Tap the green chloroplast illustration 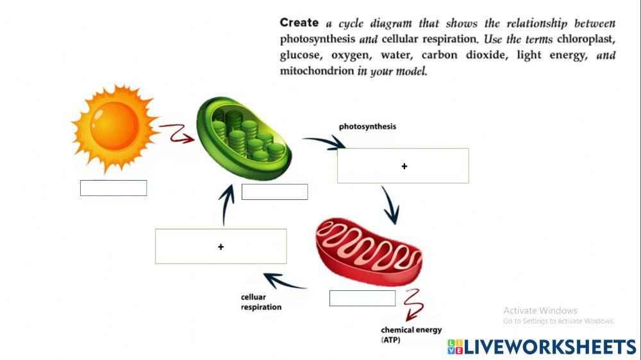pos(244,138)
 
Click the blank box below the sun pos(113,188)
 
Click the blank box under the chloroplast pos(274,192)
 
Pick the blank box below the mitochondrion pos(362,298)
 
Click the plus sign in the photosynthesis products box pos(404,167)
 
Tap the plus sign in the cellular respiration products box pos(221,247)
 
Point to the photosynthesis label pos(367,127)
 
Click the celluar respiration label pos(261,302)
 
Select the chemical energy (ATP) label pos(411,335)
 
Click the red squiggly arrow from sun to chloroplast pos(176,133)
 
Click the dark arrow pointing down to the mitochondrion pos(390,205)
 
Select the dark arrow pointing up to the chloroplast pos(225,204)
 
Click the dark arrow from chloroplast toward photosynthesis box pos(324,143)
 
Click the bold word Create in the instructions pos(299,22)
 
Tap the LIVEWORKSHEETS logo pos(542,347)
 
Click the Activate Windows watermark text pos(540,311)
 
